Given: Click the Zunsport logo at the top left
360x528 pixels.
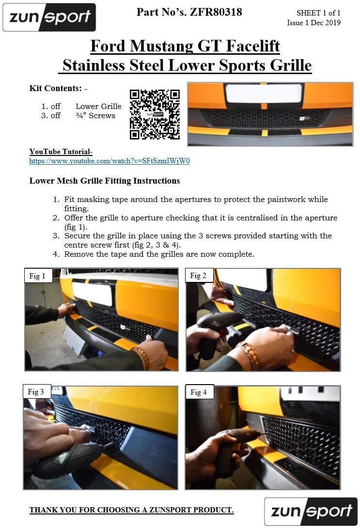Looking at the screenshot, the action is [49, 17].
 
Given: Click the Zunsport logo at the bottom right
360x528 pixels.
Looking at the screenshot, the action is [311, 511].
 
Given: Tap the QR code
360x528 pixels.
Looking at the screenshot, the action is [155, 114].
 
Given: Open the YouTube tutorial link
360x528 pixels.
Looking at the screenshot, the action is [110, 161].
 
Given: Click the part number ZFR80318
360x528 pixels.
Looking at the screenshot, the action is [216, 12].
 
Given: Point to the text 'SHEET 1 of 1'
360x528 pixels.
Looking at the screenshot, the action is [318, 13].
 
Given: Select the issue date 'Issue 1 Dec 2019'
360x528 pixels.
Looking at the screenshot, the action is [313, 23].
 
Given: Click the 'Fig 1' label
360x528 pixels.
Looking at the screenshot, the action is [37, 276].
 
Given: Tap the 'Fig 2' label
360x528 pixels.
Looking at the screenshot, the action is [198, 276].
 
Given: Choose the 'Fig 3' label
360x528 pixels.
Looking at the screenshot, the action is [36, 391].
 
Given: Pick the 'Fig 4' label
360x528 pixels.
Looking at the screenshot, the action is [199, 392].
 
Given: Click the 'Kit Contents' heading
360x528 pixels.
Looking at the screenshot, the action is [58, 88].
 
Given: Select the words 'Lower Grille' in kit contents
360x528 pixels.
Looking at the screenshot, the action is [98, 107].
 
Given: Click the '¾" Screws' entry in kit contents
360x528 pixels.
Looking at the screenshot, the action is [95, 115].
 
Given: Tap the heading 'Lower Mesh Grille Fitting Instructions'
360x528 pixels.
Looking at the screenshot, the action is [104, 181].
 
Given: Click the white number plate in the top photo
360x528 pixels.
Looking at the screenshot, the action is [264, 93].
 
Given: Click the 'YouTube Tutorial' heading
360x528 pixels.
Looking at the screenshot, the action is [61, 152].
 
